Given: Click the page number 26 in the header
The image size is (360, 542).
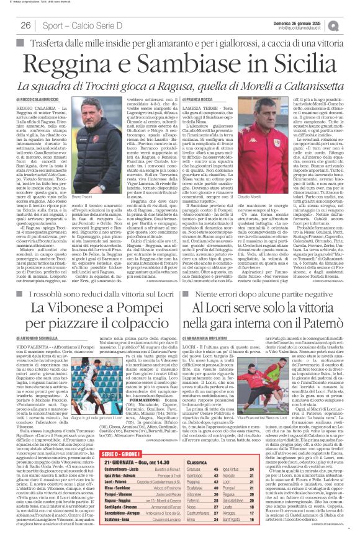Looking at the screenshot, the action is [x=26, y=25].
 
